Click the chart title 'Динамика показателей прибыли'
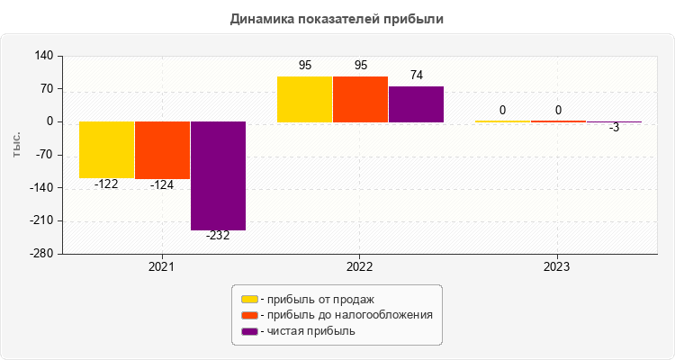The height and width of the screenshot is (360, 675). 337,18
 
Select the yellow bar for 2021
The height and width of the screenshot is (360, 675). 107,149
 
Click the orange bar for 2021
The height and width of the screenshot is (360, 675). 163,150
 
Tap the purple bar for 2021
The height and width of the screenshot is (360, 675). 218,175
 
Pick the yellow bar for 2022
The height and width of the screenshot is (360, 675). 305,99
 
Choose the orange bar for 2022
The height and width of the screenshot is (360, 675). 361,99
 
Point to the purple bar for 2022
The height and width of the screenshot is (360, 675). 416,104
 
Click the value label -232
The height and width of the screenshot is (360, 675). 218,236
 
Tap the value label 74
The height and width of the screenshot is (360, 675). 416,76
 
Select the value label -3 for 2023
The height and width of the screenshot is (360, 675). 614,128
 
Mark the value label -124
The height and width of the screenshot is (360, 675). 163,184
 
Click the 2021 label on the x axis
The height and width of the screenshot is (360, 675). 162,267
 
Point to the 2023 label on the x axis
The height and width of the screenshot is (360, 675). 557,267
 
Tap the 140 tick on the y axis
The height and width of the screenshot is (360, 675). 42,56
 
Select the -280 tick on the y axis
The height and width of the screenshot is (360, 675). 39,254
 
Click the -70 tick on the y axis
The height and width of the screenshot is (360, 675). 42,155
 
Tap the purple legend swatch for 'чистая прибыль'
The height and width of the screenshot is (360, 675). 250,331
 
